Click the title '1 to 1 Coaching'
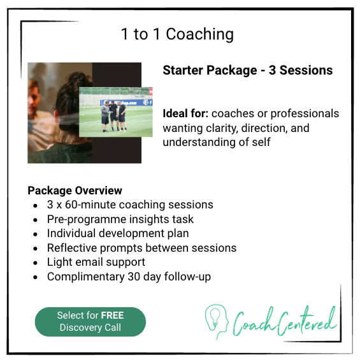click(x=177, y=34)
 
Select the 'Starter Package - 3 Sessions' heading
click(x=247, y=70)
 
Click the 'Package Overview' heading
click(x=75, y=191)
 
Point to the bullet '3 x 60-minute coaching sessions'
click(x=130, y=205)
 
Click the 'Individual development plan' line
click(x=118, y=233)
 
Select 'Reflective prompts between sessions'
click(x=141, y=248)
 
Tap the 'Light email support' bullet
click(x=96, y=262)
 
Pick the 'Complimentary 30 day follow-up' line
click(x=129, y=277)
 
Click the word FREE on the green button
click(x=112, y=315)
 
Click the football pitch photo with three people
click(x=116, y=112)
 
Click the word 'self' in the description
click(x=261, y=141)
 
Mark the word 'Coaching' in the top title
click(x=199, y=34)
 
